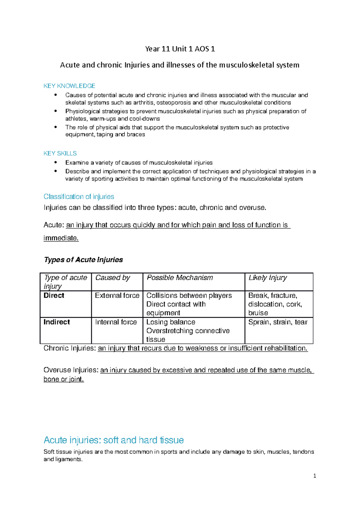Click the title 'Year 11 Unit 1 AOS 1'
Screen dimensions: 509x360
[180, 49]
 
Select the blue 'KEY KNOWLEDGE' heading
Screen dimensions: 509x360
[69, 86]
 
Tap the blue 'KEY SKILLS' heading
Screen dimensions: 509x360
[60, 153]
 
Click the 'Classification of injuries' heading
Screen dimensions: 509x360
[79, 197]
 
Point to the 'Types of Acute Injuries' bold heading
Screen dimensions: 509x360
[83, 260]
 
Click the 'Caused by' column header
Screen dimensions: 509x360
[112, 278]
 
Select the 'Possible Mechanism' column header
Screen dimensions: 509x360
[180, 278]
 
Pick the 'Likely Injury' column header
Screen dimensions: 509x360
[268, 278]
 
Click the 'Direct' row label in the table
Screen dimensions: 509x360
[54, 296]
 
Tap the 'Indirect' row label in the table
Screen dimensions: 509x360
[57, 322]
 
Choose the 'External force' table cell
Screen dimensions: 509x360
[117, 296]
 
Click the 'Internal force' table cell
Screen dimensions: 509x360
[116, 322]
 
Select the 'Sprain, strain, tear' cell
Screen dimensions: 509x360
[278, 322]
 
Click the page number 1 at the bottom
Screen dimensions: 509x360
[314, 476]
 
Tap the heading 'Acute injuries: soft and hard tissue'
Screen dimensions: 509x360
[114, 440]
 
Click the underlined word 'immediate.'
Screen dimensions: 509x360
[61, 238]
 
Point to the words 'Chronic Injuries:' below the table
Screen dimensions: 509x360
[70, 348]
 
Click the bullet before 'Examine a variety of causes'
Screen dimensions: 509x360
[55, 162]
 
